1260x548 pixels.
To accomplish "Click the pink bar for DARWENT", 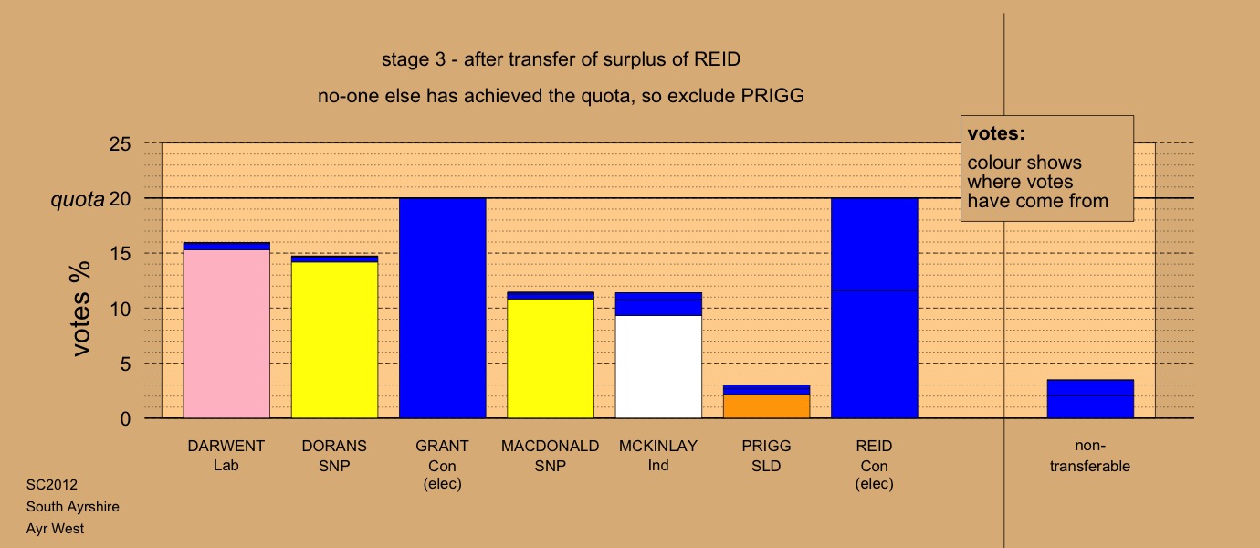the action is [226, 333].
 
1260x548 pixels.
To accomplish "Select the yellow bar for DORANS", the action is [335, 340].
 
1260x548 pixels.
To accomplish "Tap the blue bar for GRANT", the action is [443, 308].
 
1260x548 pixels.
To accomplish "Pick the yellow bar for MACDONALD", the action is [551, 358].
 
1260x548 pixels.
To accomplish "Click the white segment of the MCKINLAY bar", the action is [658, 367].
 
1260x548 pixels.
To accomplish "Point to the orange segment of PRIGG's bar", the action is [767, 406].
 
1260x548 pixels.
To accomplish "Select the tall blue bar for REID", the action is [875, 308].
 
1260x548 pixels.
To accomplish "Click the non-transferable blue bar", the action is [1091, 399].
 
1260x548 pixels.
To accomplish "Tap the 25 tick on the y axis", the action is [120, 144].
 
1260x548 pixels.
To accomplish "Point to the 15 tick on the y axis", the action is [120, 254].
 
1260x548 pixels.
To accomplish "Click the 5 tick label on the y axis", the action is [125, 364].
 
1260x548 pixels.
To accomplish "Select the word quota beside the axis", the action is [78, 199].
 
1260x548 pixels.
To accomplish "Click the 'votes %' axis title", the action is [80, 309].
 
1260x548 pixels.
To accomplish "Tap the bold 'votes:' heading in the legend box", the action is [996, 133].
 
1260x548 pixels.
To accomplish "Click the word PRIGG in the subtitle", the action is [772, 96].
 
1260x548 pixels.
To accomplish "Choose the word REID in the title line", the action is [717, 59].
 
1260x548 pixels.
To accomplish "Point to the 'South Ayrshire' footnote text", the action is [72, 507].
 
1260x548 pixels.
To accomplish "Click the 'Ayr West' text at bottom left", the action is [55, 529].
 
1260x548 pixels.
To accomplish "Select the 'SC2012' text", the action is [52, 485].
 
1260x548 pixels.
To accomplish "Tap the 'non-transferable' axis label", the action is [1090, 456].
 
